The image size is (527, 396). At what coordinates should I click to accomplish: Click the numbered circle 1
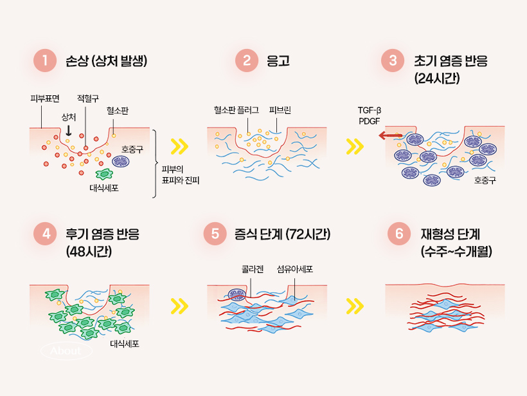pos(45,61)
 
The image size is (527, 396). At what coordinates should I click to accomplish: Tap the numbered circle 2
pos(247,61)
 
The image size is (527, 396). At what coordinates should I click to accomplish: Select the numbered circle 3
pos(392,61)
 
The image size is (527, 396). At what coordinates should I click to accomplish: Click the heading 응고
pos(278,62)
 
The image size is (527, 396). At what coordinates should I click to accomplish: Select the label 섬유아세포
pos(295,269)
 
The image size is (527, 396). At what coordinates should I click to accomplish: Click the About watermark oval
pos(66,351)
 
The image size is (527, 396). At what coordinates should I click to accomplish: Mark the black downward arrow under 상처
pos(69,130)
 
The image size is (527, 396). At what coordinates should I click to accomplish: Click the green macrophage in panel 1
pos(103,174)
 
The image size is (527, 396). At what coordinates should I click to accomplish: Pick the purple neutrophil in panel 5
pos(237,296)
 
